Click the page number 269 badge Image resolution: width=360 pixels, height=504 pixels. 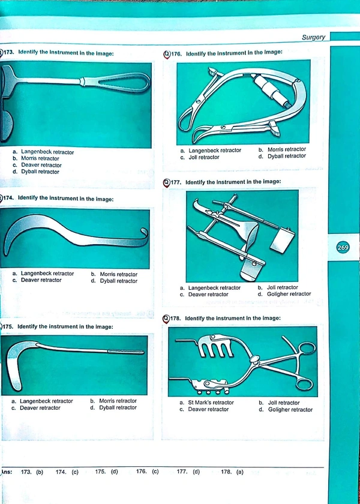[x=343, y=247]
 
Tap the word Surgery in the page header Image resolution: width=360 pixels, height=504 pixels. [x=313, y=37]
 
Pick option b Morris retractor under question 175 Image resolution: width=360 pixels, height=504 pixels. [x=114, y=401]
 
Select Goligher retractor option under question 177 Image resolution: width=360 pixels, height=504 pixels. [x=284, y=294]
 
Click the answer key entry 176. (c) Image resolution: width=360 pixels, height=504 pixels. [x=147, y=472]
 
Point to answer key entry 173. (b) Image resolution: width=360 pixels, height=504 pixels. [x=32, y=472]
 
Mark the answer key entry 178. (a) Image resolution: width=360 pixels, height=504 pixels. [x=232, y=472]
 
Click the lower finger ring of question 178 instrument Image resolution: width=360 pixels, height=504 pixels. [x=303, y=383]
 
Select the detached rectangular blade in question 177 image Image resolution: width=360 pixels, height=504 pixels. [x=283, y=240]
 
